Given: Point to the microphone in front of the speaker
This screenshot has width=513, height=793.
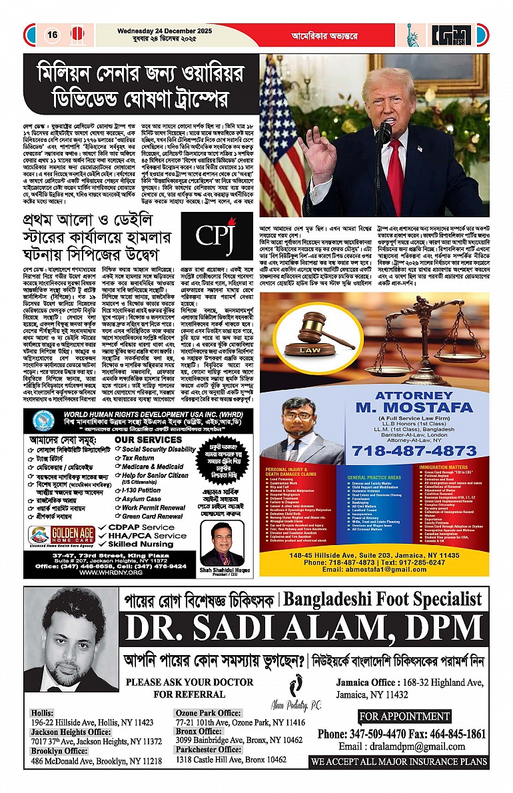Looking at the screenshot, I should [384, 133].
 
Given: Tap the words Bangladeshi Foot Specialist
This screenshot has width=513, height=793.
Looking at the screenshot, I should [382, 599].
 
